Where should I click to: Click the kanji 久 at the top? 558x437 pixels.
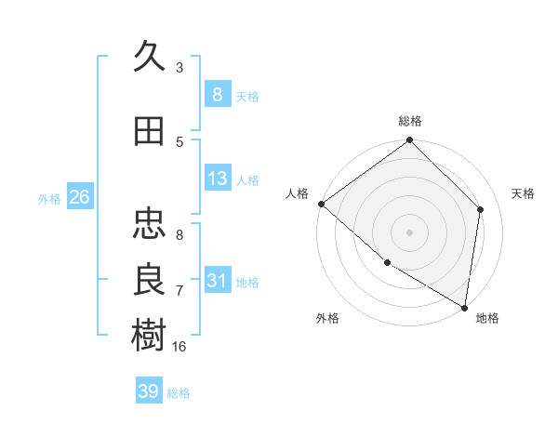pyautogui.click(x=149, y=57)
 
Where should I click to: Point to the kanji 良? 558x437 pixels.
pyautogui.click(x=149, y=279)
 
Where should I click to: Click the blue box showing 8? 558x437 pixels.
pyautogui.click(x=217, y=95)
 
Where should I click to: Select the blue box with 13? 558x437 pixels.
pyautogui.click(x=217, y=179)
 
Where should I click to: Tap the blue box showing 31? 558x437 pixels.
pyautogui.click(x=217, y=281)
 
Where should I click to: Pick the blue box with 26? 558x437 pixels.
pyautogui.click(x=79, y=197)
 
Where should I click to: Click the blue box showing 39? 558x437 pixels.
pyautogui.click(x=149, y=391)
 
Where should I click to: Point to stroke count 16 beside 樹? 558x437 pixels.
pyautogui.click(x=179, y=346)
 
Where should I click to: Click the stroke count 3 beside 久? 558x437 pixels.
pyautogui.click(x=179, y=68)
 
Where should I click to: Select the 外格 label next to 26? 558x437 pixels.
pyautogui.click(x=49, y=198)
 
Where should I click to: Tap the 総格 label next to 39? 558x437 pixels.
pyautogui.click(x=179, y=392)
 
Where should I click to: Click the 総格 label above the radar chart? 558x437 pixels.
pyautogui.click(x=410, y=121)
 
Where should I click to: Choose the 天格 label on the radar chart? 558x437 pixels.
pyautogui.click(x=524, y=193)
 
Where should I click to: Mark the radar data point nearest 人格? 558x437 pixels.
pyautogui.click(x=321, y=204)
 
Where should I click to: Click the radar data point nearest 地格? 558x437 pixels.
pyautogui.click(x=464, y=307)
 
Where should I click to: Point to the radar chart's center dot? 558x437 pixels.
pyautogui.click(x=409, y=232)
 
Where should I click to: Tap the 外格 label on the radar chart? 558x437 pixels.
pyautogui.click(x=327, y=318)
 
